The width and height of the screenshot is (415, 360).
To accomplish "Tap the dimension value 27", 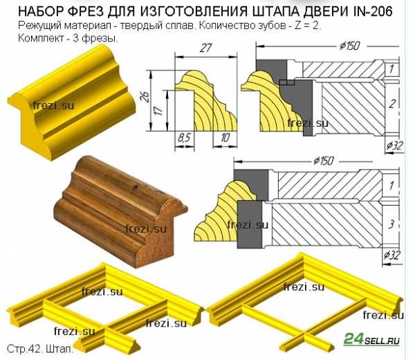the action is coord(206,48).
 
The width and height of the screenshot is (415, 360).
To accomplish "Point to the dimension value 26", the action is coord(147,97).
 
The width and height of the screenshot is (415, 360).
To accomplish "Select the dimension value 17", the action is coord(159,111).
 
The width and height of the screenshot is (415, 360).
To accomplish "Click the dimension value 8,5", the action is coord(184,138).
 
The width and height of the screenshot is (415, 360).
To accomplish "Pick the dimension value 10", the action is coord(225,138).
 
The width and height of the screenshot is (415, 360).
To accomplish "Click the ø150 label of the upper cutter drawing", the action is coord(350,46).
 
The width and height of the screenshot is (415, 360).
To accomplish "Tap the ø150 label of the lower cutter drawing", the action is coord(324,161).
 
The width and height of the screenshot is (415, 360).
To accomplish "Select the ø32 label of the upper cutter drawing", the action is coord(394,145).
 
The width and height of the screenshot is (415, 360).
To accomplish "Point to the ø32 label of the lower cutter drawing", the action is coord(392,255).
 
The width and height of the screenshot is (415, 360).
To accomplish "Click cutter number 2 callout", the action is coord(392,104).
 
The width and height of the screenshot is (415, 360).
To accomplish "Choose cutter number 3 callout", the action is coord(391,224).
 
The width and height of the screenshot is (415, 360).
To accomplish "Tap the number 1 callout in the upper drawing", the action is coord(391,69).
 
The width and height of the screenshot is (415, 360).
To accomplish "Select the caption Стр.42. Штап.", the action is coord(40,349).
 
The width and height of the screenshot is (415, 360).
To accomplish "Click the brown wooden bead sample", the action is coord(120,211).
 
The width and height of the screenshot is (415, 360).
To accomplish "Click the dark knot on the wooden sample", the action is coord(136,188).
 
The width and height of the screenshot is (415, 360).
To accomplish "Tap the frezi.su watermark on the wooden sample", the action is coord(146,229).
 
